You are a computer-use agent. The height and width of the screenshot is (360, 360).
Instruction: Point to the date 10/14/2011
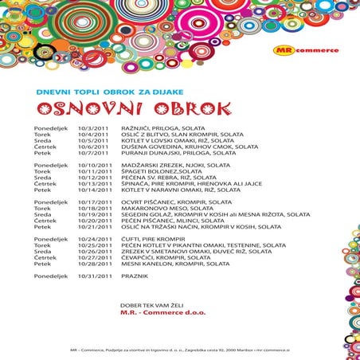(93, 190)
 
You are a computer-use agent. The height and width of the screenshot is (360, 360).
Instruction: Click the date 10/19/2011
(93, 215)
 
